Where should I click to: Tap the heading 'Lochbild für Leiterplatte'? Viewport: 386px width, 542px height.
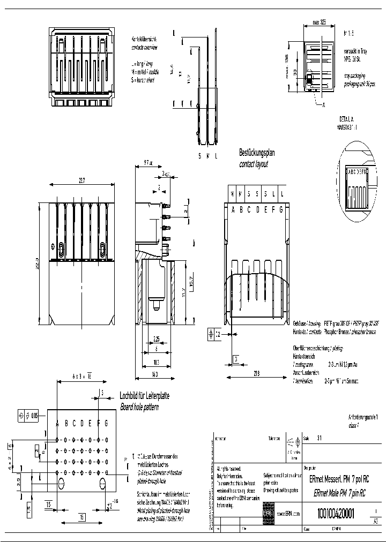coord(144,396)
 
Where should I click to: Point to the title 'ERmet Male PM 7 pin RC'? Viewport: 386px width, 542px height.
coord(340,494)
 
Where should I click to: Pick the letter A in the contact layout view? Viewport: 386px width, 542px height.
coord(233,210)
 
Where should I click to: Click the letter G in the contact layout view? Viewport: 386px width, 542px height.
coord(281,210)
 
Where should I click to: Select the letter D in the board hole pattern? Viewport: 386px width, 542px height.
coord(82,424)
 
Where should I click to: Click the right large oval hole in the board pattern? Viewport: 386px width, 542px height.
coord(102,484)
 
